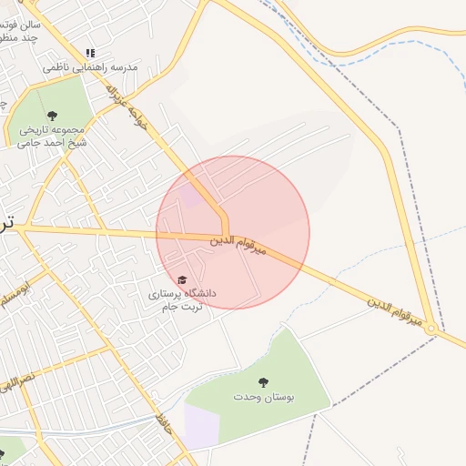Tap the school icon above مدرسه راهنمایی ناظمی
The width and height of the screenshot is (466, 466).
click(x=89, y=53)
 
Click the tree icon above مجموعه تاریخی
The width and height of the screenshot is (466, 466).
click(x=51, y=116)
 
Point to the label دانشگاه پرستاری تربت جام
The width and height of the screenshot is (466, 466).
click(x=183, y=299)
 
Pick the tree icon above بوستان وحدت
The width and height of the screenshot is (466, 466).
click(x=264, y=382)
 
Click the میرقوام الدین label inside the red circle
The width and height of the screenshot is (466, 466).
click(x=238, y=245)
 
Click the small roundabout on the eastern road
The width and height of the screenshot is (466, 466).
click(x=433, y=333)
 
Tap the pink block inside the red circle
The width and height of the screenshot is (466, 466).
click(x=190, y=195)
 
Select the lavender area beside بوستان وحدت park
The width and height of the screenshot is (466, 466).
click(x=201, y=424)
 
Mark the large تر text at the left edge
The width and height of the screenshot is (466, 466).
click(x=7, y=222)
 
